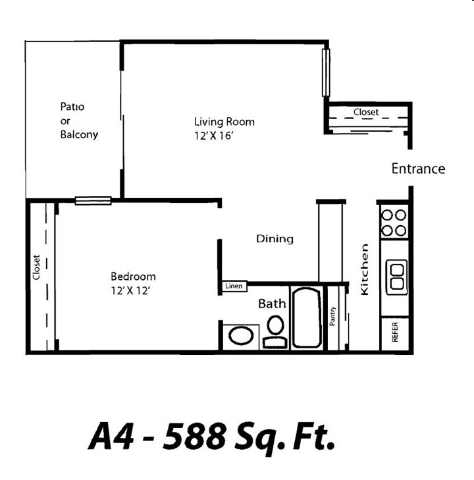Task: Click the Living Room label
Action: (224, 122)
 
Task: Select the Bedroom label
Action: (133, 277)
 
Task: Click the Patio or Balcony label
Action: (78, 120)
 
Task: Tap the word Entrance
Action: (418, 169)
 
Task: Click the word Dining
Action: (275, 239)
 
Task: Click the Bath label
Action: (272, 304)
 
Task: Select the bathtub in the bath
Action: (307, 318)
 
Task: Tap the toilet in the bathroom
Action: (275, 330)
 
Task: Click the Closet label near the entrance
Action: (366, 112)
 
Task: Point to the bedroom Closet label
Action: (37, 267)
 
